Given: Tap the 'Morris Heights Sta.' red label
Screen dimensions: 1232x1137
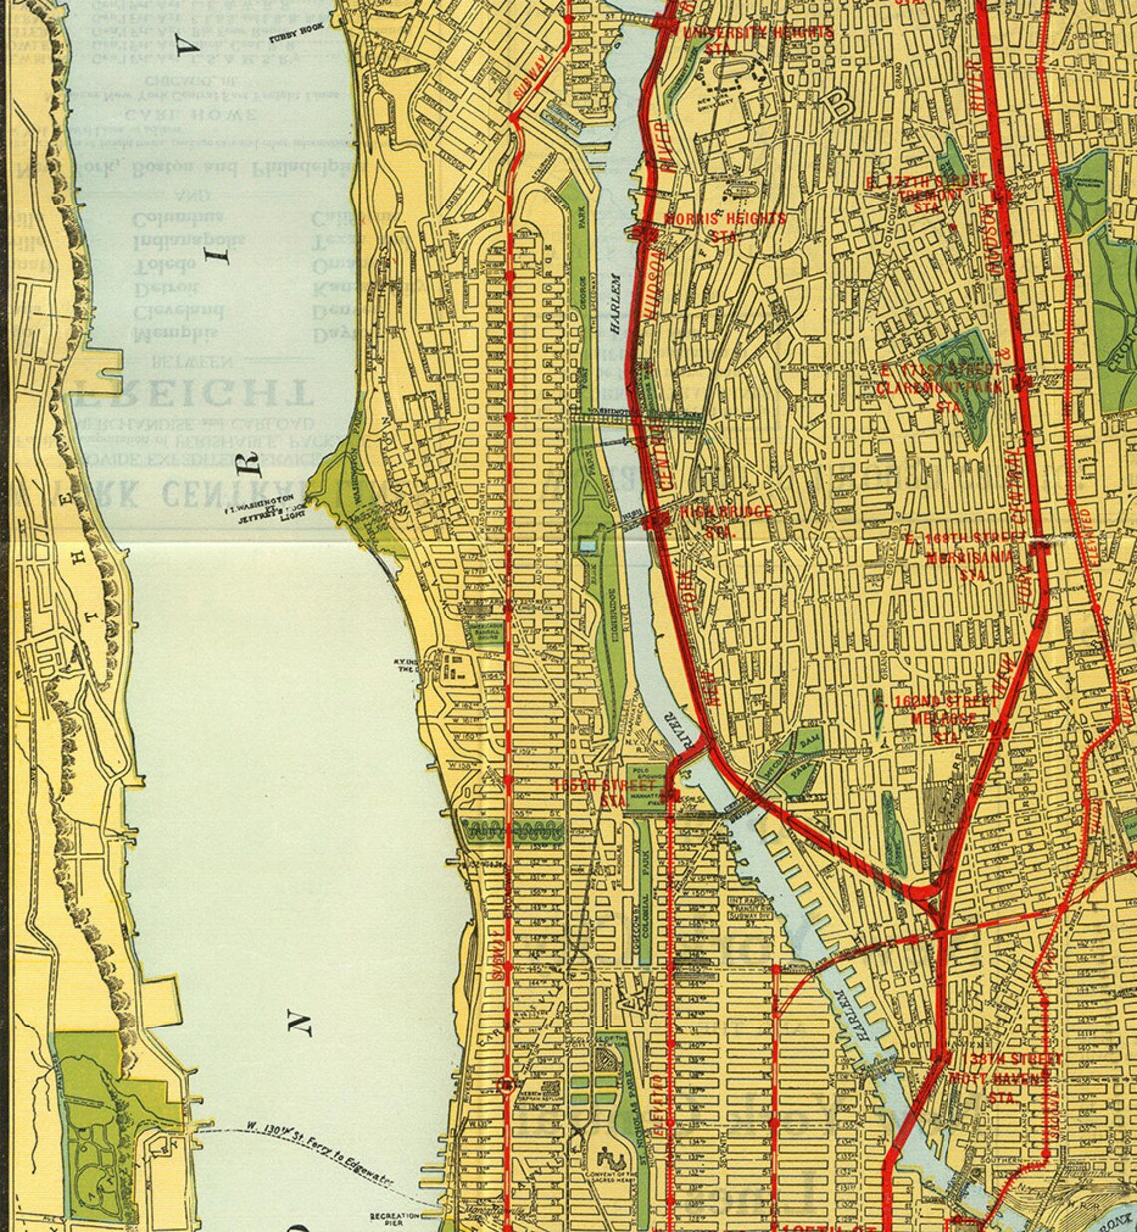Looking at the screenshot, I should [725, 226].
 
